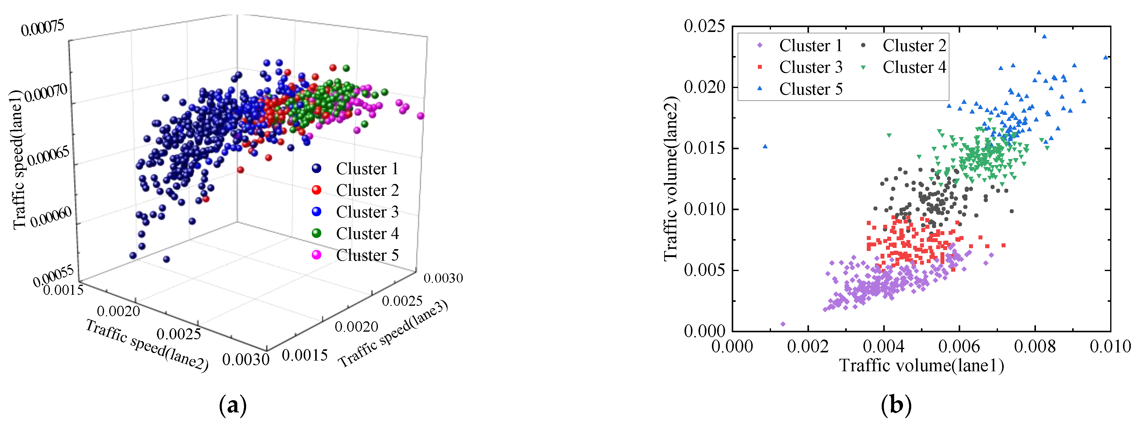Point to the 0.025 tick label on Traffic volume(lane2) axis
pos(705,26)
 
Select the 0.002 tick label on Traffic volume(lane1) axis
pos(808,346)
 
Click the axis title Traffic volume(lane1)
pos(921,365)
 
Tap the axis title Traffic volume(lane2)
pos(671,178)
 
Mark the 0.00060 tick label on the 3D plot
pos(51,217)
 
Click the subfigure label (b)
pos(896,405)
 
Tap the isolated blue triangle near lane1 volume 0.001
pos(765,146)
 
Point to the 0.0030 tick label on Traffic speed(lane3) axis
pos(443,278)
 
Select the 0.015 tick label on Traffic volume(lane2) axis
pos(705,148)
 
